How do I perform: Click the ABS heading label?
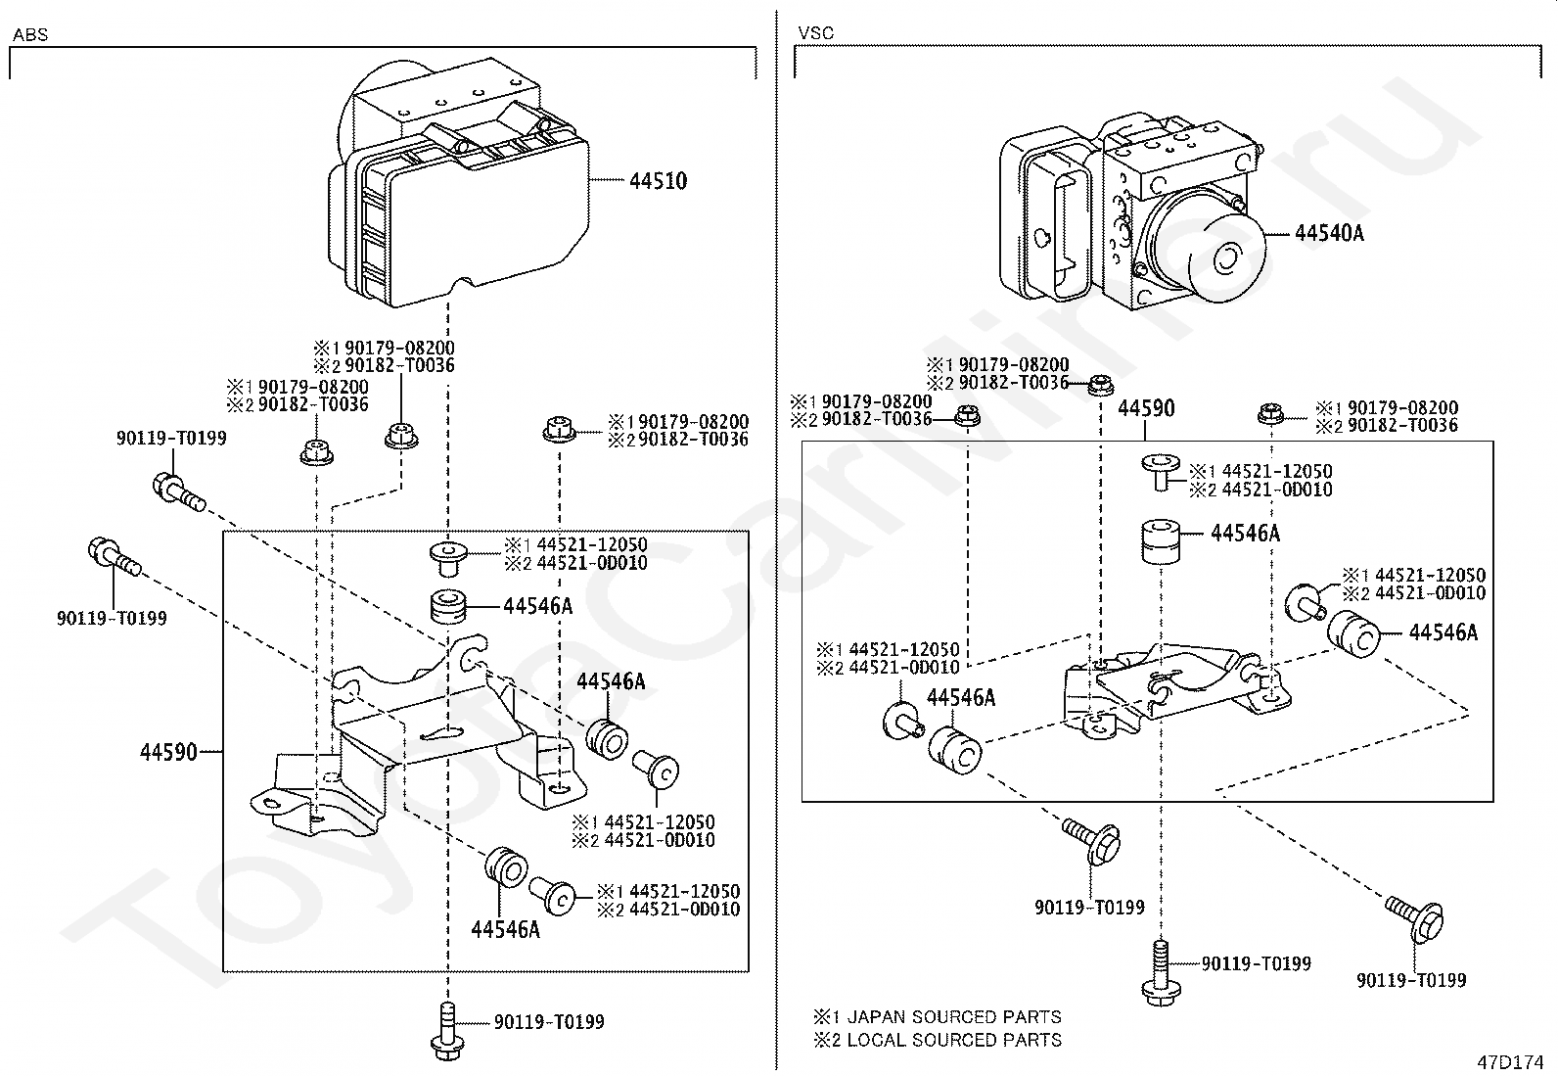coord(29,35)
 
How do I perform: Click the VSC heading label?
coord(815,33)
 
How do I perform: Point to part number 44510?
coord(658,181)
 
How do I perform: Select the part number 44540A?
coord(1328,233)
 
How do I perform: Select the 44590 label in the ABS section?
coord(167,752)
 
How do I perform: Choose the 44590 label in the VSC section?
coord(1146,408)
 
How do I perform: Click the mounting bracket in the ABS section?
coord(411,734)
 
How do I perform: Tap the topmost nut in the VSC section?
coord(1100,384)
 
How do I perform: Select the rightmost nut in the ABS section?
coord(557,430)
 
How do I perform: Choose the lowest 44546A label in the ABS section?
coord(505,929)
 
